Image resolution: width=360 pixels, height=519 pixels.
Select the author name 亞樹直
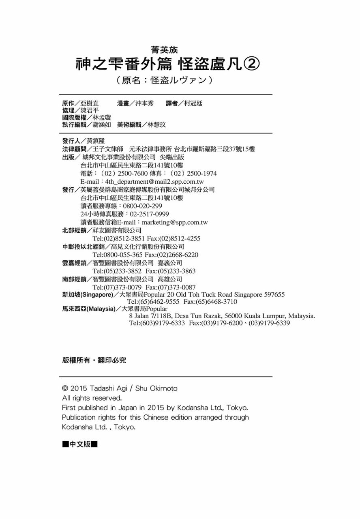tap(90, 103)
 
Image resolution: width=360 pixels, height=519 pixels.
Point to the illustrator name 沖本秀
tap(144, 103)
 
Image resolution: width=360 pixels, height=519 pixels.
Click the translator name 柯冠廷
tap(193, 103)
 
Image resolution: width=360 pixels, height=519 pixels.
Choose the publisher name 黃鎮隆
tap(96, 141)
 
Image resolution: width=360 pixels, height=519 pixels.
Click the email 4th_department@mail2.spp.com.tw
tap(154, 182)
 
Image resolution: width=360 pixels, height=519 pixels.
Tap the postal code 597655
tap(274, 295)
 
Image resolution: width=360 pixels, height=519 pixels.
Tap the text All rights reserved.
tap(92, 398)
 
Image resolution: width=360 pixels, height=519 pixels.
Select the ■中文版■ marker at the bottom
tap(80, 444)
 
